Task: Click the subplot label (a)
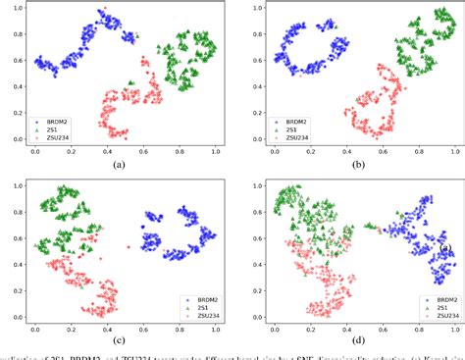[x=120, y=165]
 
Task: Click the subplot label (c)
[x=120, y=339]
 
